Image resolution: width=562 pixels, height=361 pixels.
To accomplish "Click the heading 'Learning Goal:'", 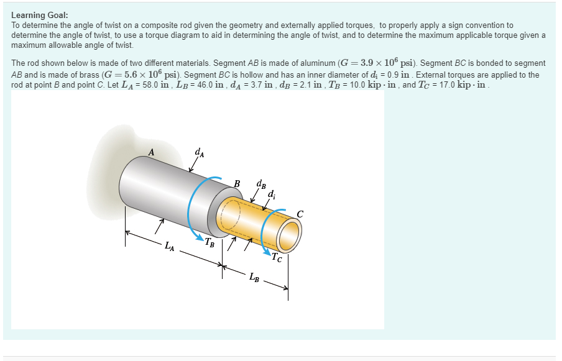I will coord(40,15).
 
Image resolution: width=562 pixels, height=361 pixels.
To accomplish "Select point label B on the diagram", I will coord(237,183).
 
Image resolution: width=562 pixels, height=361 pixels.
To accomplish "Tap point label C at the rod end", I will coord(300,213).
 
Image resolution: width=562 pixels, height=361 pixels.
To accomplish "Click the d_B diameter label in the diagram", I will coord(261,184).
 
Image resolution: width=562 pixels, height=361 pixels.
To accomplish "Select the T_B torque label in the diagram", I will coord(211,243).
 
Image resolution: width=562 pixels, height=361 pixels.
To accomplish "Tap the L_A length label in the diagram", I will coord(169,250).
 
